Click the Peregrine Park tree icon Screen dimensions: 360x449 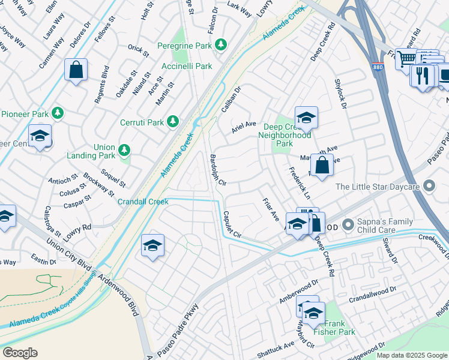coord(221,44)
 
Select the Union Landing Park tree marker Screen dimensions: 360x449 coord(124,149)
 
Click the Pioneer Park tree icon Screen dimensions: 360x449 coord(58,113)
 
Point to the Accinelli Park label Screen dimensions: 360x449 coord(187,66)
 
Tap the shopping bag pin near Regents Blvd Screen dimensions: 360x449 coord(77,70)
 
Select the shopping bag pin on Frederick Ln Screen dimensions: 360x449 coord(322,166)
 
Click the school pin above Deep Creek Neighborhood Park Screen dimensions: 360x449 coord(306,118)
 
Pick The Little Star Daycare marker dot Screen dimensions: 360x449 coord(428,187)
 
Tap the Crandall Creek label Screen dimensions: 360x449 coord(143,202)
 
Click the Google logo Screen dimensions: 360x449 coord(20,353)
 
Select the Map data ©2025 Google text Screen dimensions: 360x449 coord(411,355)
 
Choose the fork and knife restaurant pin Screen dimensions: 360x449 coord(422,76)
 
